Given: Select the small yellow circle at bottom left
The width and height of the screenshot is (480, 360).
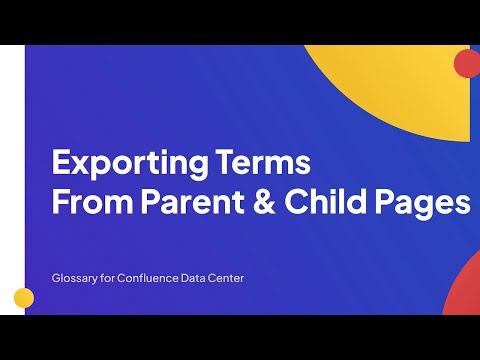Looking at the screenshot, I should click(24, 298).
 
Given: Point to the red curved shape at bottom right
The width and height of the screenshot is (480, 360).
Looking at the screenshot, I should click(462, 290).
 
